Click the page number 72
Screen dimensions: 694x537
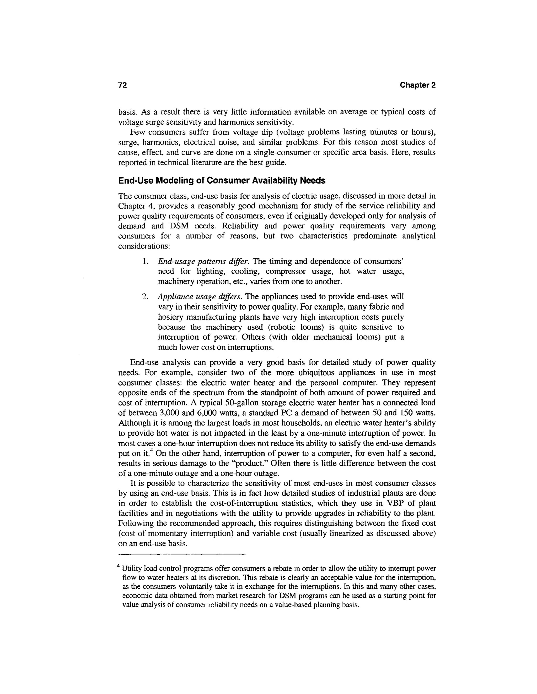(x=122, y=85)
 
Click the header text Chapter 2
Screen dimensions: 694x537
(x=417, y=85)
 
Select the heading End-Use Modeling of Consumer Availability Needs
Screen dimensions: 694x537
(x=222, y=181)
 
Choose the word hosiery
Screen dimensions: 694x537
(x=170, y=317)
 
